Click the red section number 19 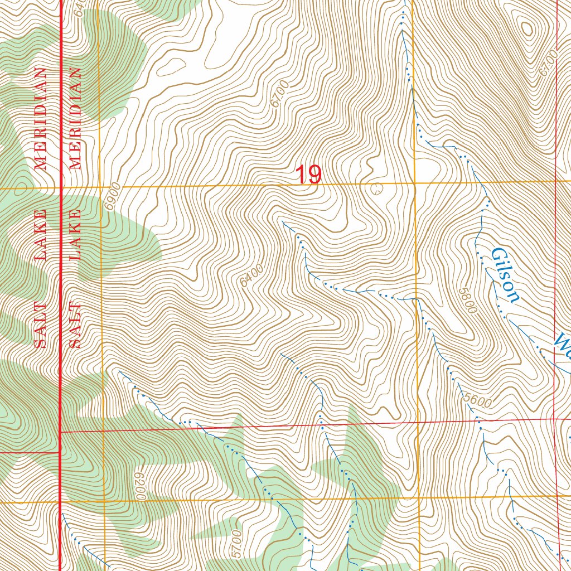(x=308, y=175)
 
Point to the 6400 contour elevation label (x=252, y=276)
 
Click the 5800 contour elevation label (x=467, y=300)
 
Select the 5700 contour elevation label (x=236, y=543)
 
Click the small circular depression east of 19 (x=377, y=188)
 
